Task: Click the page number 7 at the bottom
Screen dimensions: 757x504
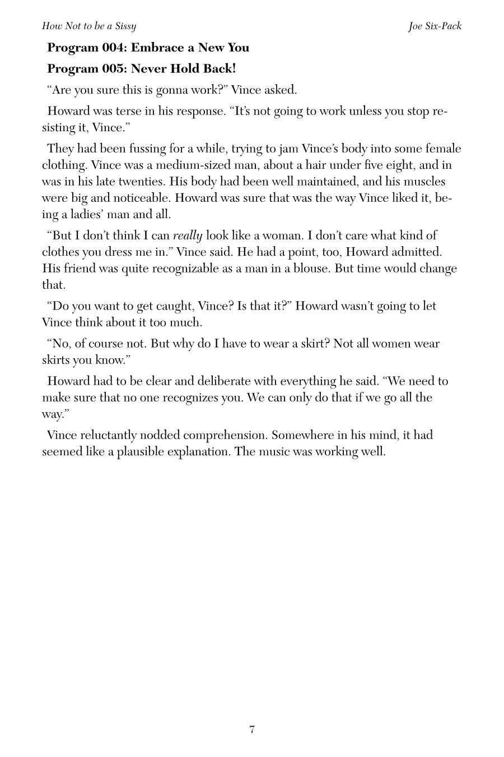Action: click(x=252, y=730)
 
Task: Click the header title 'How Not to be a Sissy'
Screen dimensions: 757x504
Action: click(x=89, y=26)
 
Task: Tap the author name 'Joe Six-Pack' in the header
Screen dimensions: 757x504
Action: click(x=435, y=26)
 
